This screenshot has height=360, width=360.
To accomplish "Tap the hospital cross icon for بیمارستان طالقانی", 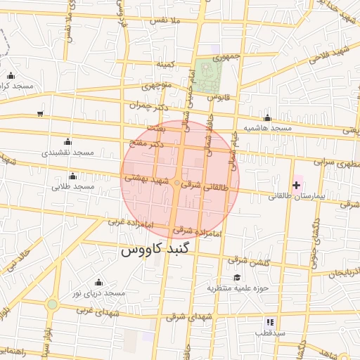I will pos(296,186).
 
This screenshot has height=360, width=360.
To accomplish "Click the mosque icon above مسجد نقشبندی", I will pos(67,141).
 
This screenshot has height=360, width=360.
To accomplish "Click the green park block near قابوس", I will pos(207,78).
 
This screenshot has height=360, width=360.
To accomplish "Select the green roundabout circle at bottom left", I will pos(52,304).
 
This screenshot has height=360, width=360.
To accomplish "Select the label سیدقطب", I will pos(269,332).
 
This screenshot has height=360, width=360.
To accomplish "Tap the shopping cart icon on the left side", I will pos(40,113).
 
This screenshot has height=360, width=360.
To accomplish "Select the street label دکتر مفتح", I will pos(148,143).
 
